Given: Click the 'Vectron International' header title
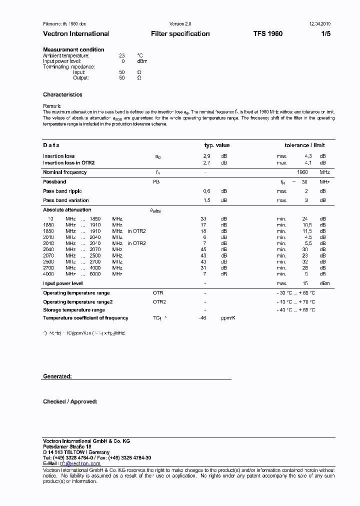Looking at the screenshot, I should [x=76, y=34].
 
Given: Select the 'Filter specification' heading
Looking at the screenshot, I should [x=180, y=34].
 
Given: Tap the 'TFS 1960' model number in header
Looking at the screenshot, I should [x=267, y=34].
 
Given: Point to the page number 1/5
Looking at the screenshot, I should [x=325, y=34].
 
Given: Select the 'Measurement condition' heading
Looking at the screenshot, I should [x=73, y=49].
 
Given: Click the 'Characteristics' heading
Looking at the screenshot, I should [x=62, y=94].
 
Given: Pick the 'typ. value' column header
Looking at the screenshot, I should [x=217, y=145].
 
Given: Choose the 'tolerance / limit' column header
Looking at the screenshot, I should [x=304, y=145].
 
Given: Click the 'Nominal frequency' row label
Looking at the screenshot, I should [x=64, y=172].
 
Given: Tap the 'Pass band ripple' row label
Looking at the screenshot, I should [x=62, y=191].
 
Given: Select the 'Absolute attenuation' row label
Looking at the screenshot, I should [x=67, y=210].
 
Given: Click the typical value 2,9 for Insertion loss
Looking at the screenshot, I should [x=206, y=156].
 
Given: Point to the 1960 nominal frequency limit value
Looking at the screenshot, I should [x=302, y=172].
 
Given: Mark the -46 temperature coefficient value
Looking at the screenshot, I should [x=202, y=318].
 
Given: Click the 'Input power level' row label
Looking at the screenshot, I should [x=62, y=283].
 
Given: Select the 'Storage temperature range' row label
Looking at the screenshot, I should [x=73, y=310].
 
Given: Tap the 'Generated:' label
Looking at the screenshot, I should [x=57, y=376].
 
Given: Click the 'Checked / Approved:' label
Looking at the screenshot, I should [x=70, y=401].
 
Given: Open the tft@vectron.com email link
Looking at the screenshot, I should [x=80, y=464].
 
